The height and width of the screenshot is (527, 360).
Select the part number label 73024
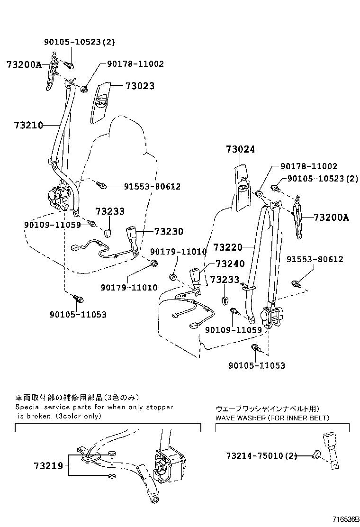pyautogui.click(x=240, y=150)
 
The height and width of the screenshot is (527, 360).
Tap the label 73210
pyautogui.click(x=28, y=125)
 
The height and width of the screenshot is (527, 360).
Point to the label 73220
pyautogui.click(x=227, y=247)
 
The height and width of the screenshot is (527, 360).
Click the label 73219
pyautogui.click(x=48, y=466)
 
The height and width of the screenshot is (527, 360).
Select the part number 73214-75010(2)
pyautogui.click(x=261, y=456)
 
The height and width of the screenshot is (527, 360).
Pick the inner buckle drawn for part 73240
pyautogui.click(x=196, y=276)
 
